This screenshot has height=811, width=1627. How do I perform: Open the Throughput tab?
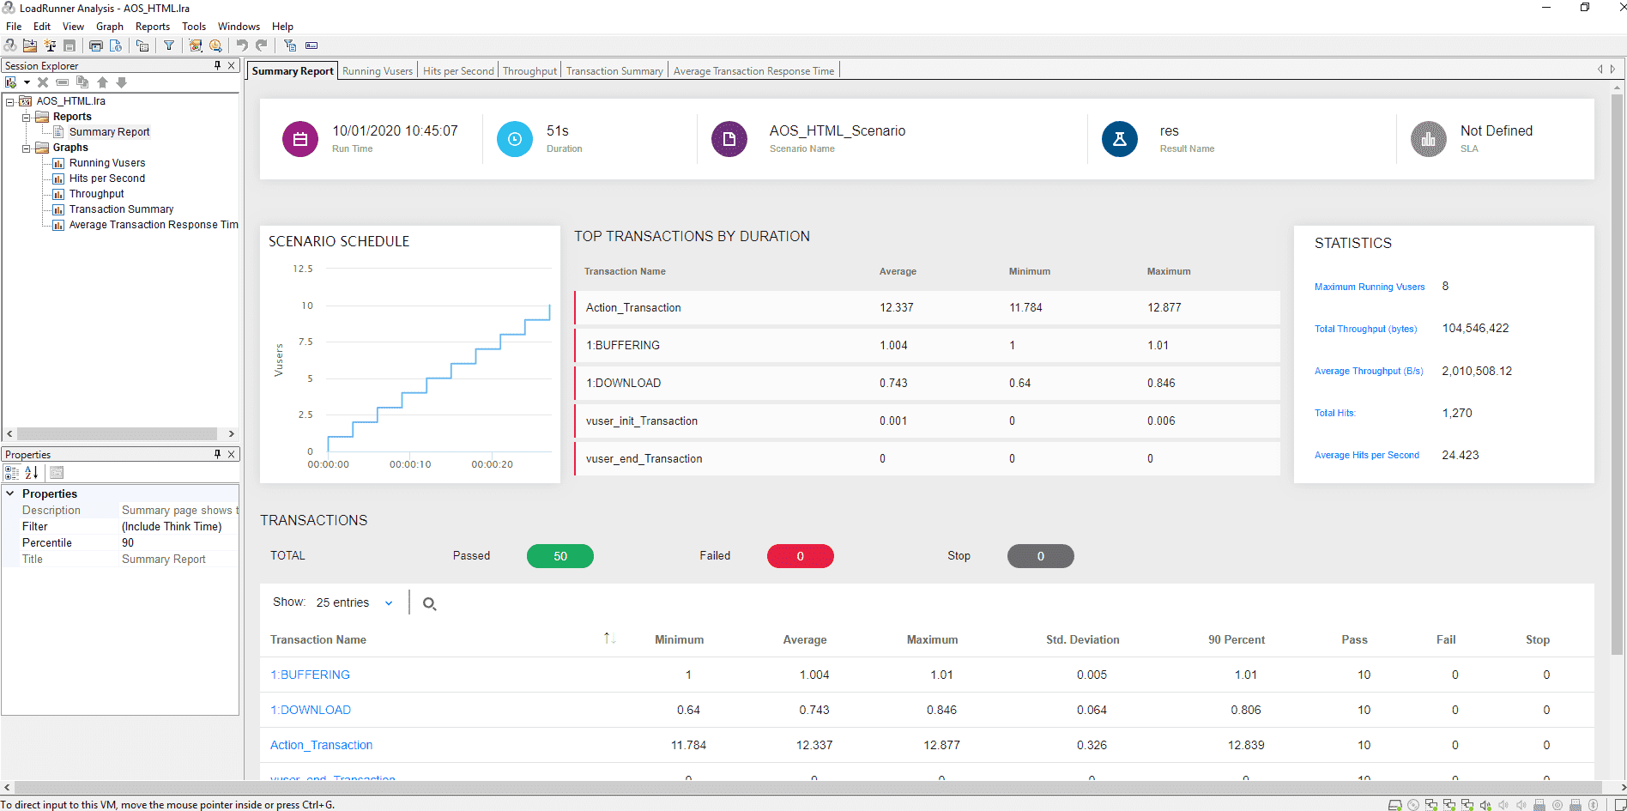(529, 71)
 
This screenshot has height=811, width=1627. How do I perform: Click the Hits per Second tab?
(458, 71)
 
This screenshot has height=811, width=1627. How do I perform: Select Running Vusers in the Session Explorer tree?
(107, 163)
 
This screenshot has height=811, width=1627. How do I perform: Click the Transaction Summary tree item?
(121, 209)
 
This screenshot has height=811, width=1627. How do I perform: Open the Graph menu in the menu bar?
(110, 27)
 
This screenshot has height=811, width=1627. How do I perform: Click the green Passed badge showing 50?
(559, 556)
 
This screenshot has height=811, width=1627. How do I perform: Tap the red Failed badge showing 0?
(800, 556)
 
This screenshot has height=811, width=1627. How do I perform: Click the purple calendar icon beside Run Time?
(300, 139)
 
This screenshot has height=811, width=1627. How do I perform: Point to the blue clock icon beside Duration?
(515, 139)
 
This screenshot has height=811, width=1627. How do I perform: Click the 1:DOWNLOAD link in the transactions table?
(311, 710)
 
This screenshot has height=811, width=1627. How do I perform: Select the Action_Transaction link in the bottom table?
(321, 745)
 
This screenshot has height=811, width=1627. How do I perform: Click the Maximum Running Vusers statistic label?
(1369, 287)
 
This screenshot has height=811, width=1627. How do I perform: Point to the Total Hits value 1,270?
(1457, 413)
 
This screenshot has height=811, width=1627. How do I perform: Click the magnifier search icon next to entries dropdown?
(430, 604)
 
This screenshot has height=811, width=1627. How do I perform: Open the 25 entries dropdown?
(354, 602)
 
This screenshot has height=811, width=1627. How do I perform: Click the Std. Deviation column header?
(1082, 639)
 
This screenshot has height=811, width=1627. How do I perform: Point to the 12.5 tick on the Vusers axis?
(303, 269)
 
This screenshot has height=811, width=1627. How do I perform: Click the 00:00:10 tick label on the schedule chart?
(410, 464)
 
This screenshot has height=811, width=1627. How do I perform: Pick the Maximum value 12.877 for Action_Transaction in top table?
(1164, 307)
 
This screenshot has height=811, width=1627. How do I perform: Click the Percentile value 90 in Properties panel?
(128, 542)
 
